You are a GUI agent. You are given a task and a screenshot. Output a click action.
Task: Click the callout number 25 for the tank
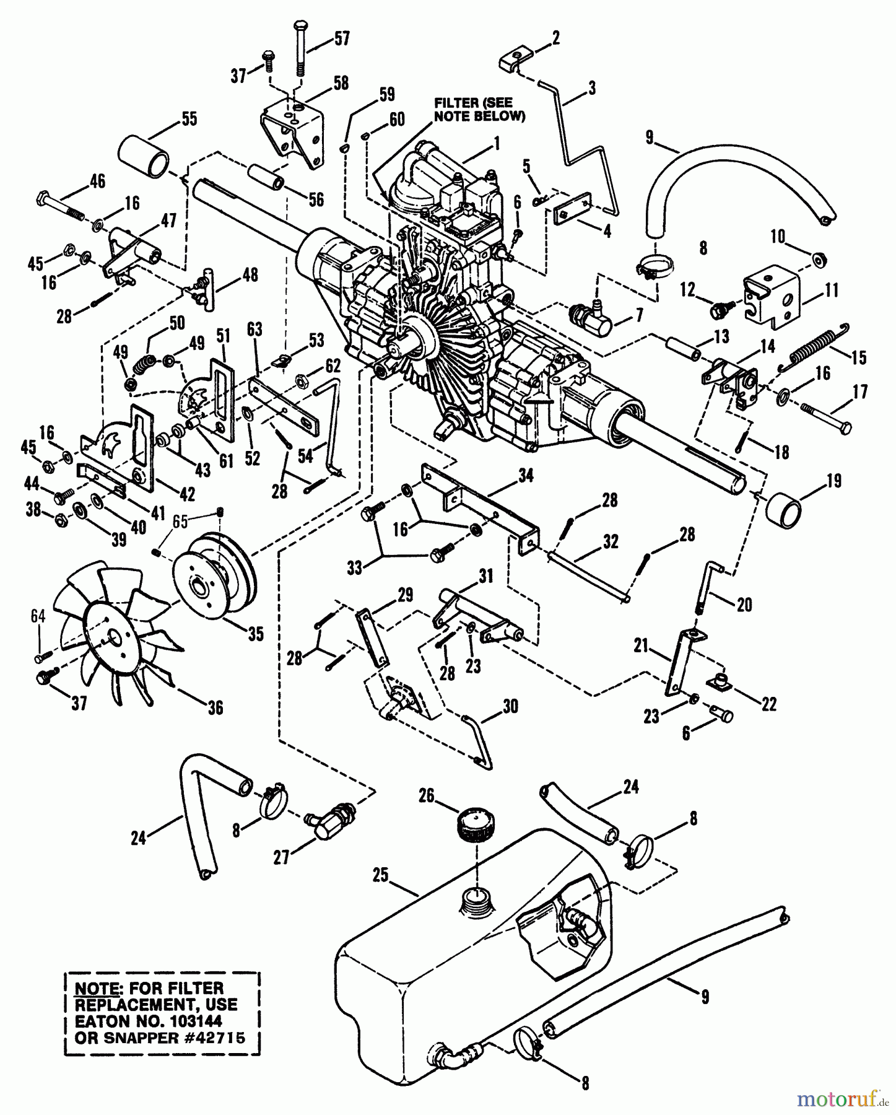click(x=380, y=875)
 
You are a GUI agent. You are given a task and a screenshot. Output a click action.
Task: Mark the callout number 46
click(x=97, y=180)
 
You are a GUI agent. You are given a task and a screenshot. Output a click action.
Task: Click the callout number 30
click(x=510, y=706)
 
